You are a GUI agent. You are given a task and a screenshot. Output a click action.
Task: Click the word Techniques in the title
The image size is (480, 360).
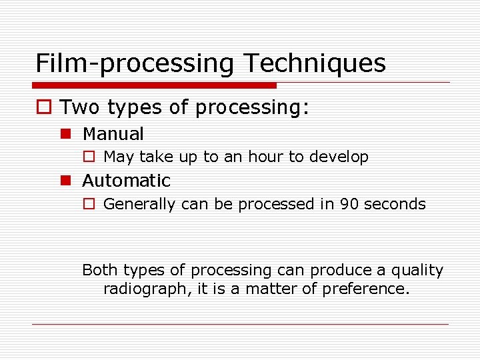click(x=315, y=63)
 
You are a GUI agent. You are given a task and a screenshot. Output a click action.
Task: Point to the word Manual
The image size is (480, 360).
click(x=113, y=134)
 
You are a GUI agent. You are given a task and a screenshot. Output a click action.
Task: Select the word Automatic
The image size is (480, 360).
click(x=126, y=181)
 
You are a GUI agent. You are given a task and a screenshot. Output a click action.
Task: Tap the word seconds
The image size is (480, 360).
click(x=395, y=204)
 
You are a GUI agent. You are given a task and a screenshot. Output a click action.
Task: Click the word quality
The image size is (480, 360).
click(x=417, y=271)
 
